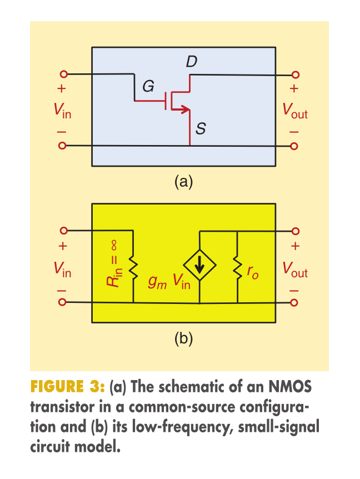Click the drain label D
(192, 61)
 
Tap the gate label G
(148, 86)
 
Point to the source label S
(201, 128)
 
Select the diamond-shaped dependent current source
(199, 265)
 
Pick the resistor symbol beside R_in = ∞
(133, 267)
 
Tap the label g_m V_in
(169, 281)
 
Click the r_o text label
(253, 272)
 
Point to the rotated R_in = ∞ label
(114, 263)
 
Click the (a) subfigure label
(183, 182)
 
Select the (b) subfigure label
(183, 338)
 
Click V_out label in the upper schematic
(295, 111)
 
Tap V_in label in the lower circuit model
(62, 270)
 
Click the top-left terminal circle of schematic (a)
(63, 74)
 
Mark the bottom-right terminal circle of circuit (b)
(294, 303)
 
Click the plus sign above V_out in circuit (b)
(295, 246)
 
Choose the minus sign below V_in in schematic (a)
(62, 132)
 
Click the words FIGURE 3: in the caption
(67, 386)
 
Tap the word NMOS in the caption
(290, 386)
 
